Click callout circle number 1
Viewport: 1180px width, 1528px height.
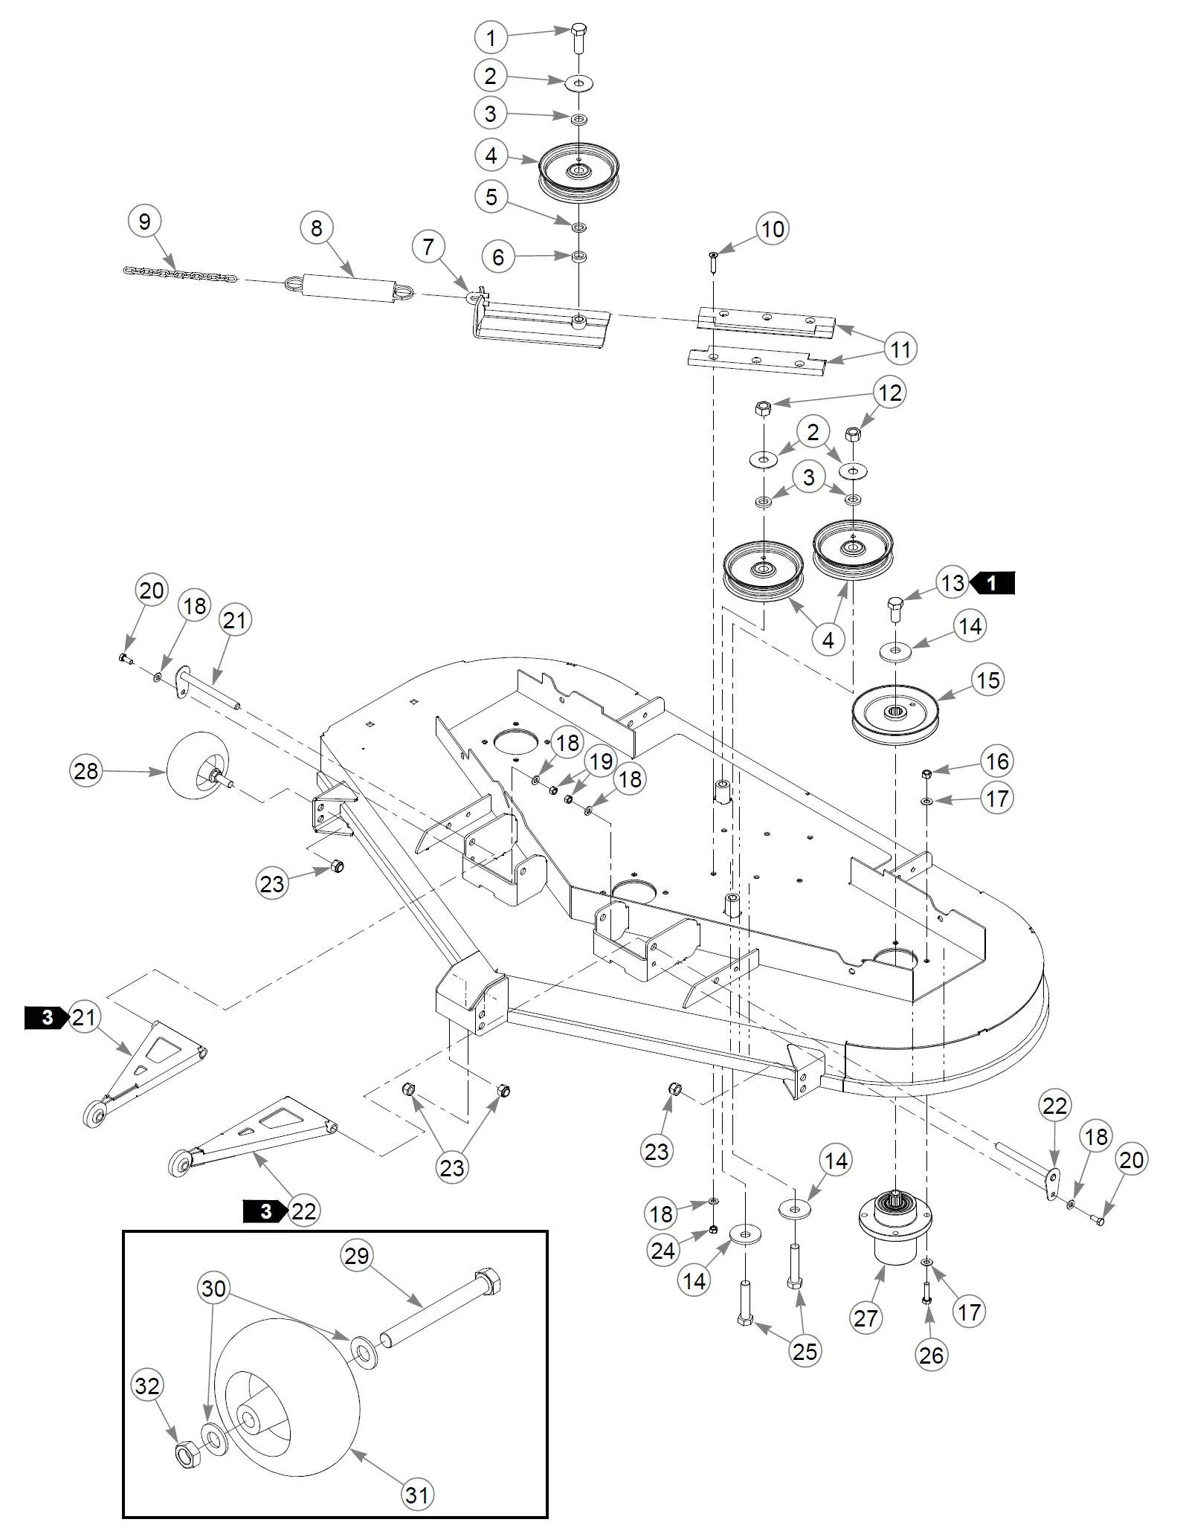pos(491,37)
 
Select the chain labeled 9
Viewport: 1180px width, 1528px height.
pos(179,272)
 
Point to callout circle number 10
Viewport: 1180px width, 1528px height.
pos(773,229)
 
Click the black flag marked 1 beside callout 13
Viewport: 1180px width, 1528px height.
pos(993,584)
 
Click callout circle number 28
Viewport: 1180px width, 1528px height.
pos(86,770)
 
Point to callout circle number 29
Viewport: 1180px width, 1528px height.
pos(357,1256)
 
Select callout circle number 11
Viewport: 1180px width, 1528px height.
pos(900,349)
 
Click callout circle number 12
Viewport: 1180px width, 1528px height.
pos(891,393)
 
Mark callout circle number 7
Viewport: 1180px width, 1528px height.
pos(429,247)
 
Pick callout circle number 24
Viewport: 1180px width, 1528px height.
pos(663,1250)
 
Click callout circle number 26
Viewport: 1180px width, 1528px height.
pos(932,1355)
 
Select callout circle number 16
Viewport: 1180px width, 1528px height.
pos(997,761)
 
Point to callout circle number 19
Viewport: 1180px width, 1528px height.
pos(602,761)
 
